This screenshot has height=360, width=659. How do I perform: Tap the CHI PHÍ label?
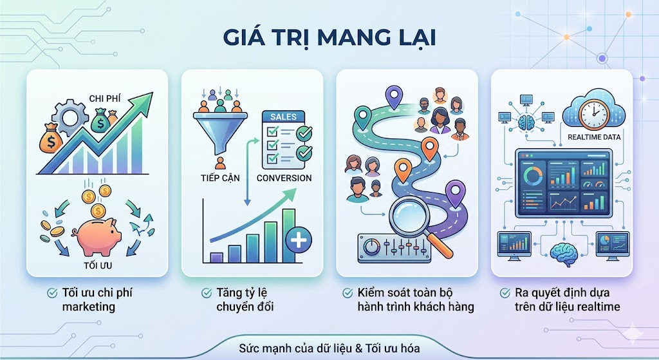point(105,99)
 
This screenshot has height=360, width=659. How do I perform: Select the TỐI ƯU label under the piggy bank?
point(98,266)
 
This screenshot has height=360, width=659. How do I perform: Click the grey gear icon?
point(70,116)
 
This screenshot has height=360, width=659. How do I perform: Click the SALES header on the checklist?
point(283,117)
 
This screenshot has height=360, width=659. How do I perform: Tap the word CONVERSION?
point(284,178)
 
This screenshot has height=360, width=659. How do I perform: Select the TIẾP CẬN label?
point(220,178)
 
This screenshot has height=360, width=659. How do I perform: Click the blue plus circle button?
point(299,241)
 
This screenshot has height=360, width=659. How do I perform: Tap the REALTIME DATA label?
point(594,137)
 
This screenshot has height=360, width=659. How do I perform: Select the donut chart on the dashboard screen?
point(532,175)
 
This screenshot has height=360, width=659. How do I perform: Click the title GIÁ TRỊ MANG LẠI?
point(329,38)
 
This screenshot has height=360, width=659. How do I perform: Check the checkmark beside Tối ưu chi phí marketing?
point(52,293)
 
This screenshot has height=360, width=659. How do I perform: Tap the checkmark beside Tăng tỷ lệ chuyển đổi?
point(207,293)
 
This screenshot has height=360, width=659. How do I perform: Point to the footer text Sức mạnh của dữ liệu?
point(296,348)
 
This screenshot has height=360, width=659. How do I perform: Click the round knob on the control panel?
point(371,247)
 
